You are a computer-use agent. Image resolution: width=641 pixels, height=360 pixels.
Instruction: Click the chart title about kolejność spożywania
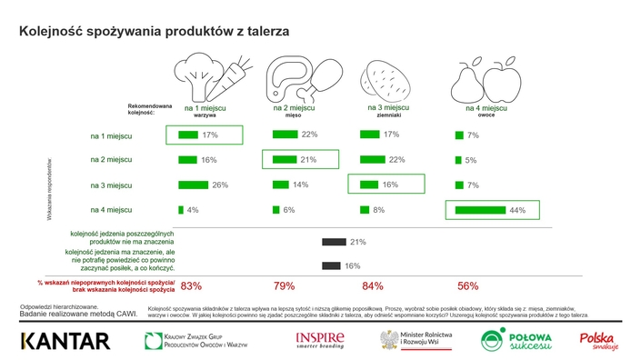tap(155, 30)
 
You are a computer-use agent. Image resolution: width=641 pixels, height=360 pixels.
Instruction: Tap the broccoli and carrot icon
tap(207, 75)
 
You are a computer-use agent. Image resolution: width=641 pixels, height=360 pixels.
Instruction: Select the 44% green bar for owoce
tap(480, 210)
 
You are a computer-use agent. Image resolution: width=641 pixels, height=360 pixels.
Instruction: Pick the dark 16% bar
tap(333, 265)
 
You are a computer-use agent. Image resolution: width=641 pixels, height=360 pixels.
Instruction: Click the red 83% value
tap(191, 286)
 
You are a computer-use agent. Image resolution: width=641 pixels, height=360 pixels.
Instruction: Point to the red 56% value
tap(468, 286)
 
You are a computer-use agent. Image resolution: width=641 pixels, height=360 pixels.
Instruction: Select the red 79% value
tap(285, 286)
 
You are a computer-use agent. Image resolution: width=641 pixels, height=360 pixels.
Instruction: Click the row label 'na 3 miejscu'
tap(111, 185)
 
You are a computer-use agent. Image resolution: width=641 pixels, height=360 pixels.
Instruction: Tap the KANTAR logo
tap(65, 341)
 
